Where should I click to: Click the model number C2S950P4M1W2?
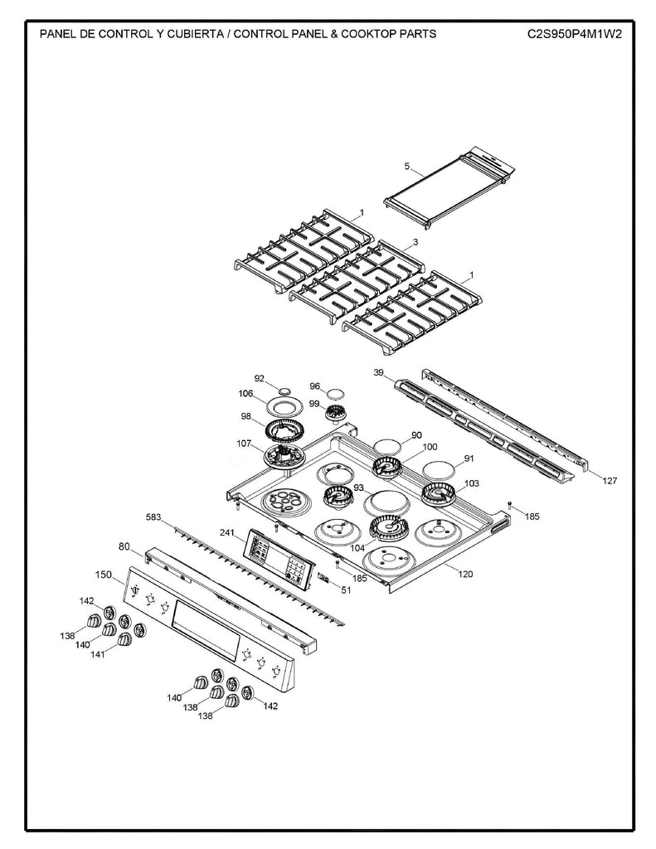573,34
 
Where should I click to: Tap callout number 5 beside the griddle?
407,167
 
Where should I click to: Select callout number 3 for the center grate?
415,242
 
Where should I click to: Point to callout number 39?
378,374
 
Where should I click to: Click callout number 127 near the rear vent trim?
610,480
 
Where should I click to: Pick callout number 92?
259,378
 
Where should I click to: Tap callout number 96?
314,386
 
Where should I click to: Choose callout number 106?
245,394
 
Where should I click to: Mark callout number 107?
244,444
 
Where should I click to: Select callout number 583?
153,517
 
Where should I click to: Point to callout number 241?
228,532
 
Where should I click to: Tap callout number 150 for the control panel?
103,574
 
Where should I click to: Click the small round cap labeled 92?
284,390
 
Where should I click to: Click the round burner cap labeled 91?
440,469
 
